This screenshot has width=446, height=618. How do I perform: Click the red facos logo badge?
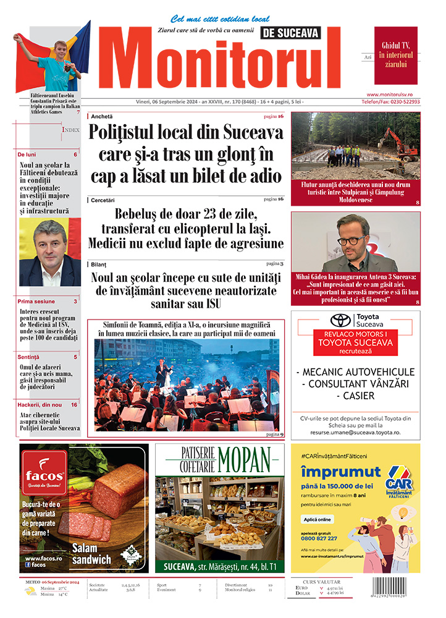(x=44, y=473)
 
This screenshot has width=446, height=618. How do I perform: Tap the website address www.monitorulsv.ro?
(x=393, y=94)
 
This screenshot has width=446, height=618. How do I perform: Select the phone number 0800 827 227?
(x=319, y=538)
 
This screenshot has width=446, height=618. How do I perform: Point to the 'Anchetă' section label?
(x=102, y=116)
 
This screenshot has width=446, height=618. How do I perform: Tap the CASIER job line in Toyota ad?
(x=355, y=395)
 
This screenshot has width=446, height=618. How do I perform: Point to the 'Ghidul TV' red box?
(x=395, y=55)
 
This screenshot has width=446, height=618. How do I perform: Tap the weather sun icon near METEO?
(x=29, y=591)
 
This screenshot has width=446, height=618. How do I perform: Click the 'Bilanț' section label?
(x=99, y=264)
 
